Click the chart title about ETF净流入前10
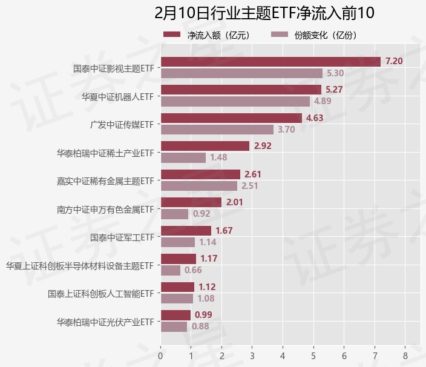coord(264,13)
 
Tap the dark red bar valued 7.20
coord(270,61)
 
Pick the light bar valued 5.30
coord(241,73)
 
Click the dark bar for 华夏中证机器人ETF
coord(241,90)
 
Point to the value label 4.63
coord(315,118)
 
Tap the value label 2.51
coord(250,186)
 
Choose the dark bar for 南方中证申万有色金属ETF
coord(191,202)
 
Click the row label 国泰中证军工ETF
coord(122,237)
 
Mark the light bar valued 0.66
coord(170,270)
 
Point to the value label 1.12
coord(207,287)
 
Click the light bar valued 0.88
coord(174,326)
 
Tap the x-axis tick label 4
coord(283,355)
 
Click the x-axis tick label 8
coord(405,355)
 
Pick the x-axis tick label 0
coord(160,355)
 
